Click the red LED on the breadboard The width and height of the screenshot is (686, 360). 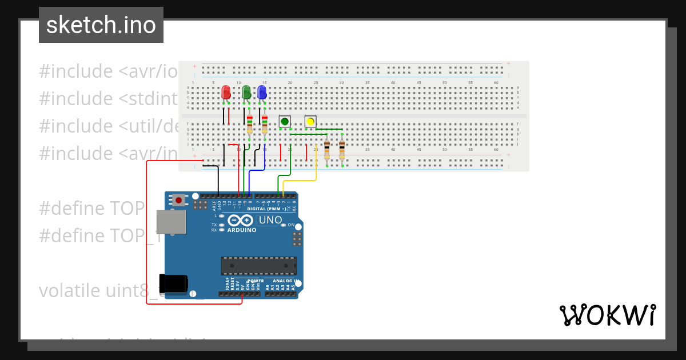pyautogui.click(x=226, y=92)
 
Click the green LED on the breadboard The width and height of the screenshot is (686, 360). pyautogui.click(x=246, y=92)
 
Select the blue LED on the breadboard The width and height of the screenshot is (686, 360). pyautogui.click(x=262, y=92)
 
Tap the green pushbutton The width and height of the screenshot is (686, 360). pyautogui.click(x=285, y=121)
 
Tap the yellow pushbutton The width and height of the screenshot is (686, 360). pyautogui.click(x=310, y=121)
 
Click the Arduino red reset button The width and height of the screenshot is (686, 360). pyautogui.click(x=179, y=201)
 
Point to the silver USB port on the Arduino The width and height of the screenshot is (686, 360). pyautogui.click(x=171, y=222)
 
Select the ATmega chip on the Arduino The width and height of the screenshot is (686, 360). pyautogui.click(x=259, y=266)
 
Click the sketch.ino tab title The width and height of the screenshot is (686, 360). pyautogui.click(x=101, y=25)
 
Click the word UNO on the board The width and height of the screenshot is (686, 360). pyautogui.click(x=270, y=220)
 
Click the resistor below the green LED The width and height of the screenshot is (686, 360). pyautogui.click(x=250, y=124)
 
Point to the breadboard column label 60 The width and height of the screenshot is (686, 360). pyautogui.click(x=496, y=83)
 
